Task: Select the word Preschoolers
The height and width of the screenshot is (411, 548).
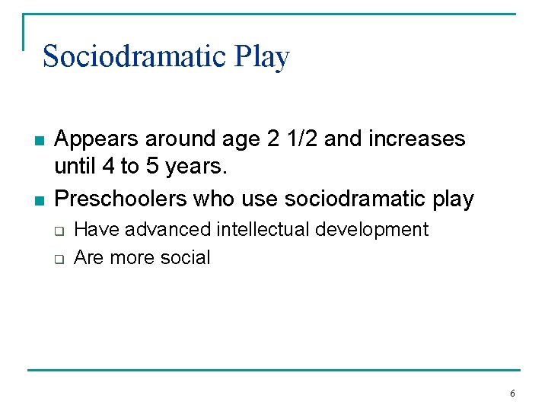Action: [x=122, y=199]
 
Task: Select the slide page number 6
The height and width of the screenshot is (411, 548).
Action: [x=511, y=393]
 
